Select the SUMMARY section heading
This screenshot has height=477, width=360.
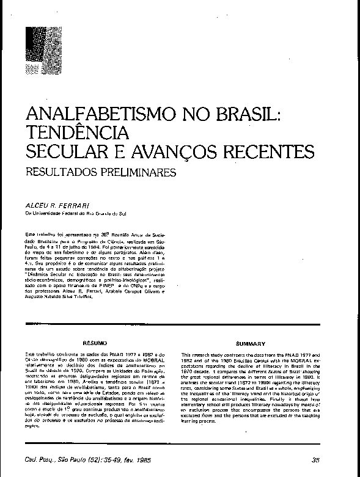[x=252, y=344]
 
